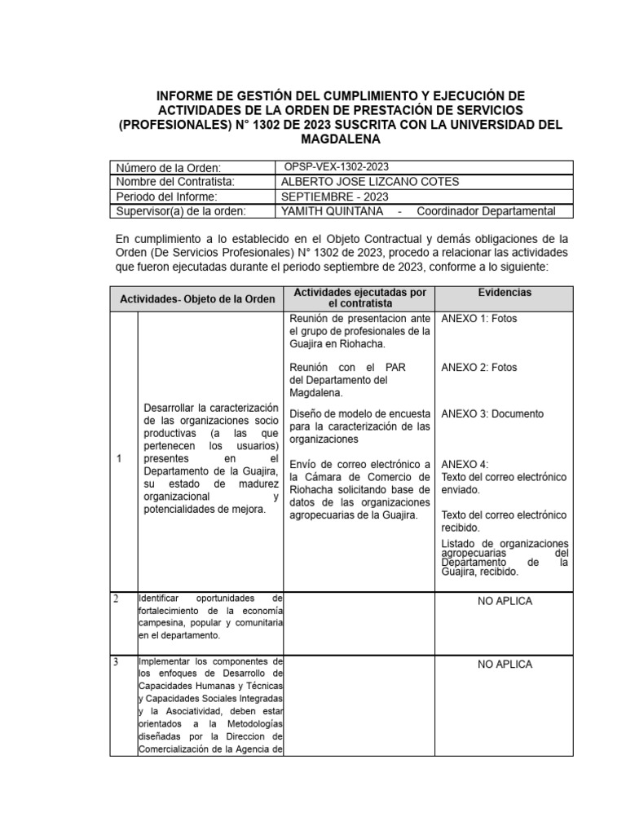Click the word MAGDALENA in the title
pos(341,139)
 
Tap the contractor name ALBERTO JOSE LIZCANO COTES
pos(369,182)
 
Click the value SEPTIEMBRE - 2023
pos(334,197)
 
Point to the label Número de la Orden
pos(169,168)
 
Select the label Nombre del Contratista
pos(175,182)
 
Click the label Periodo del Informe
pos(166,197)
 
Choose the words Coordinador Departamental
pos(486,211)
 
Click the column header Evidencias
pos(505,292)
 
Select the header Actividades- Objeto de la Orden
pos(197,298)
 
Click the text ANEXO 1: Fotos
pos(479,319)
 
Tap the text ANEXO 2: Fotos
pos(479,368)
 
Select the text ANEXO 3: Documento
pos(492,413)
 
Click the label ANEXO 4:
pos(465,465)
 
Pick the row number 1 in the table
pos(119,459)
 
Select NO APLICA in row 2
pos(505,601)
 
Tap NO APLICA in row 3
pos(505,665)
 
